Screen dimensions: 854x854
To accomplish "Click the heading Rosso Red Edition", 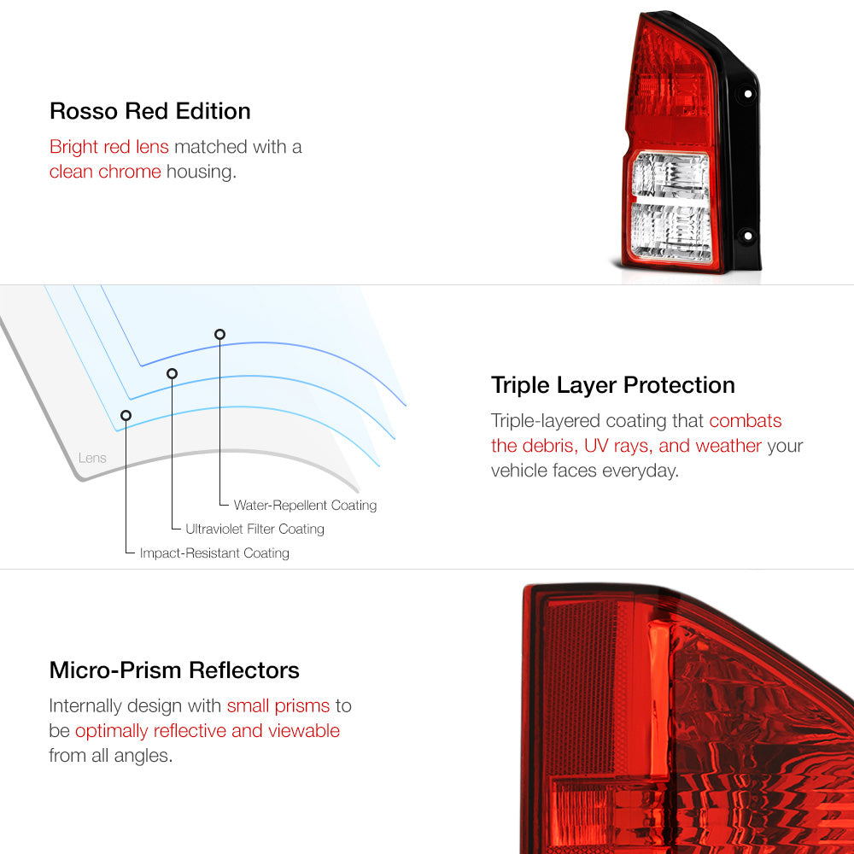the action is tap(149, 111).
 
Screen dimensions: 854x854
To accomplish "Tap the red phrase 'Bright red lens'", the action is tap(109, 147).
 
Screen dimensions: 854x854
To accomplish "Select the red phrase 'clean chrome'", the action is tap(105, 172).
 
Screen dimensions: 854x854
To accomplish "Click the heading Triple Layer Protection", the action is tap(612, 386).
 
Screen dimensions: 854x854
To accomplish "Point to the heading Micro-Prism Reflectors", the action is tap(174, 670).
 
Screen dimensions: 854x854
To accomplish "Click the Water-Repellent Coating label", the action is tap(305, 506).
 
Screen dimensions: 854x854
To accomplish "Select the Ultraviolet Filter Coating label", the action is tap(254, 529).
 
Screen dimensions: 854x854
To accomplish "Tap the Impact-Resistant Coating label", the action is tap(214, 553).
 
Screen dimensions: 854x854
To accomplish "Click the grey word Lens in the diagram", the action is tap(92, 458).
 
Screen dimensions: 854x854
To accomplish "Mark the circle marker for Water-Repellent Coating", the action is tap(219, 334).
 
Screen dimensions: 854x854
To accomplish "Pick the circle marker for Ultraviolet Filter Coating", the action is tap(173, 373).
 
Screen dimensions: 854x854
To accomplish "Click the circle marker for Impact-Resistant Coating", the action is tap(126, 416).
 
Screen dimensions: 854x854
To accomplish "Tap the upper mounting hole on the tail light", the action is tap(748, 94).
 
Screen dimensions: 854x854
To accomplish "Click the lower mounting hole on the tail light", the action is tap(748, 236).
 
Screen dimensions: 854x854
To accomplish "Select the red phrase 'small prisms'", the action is tap(278, 706).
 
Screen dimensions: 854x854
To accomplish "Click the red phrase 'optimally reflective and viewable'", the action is tap(208, 731).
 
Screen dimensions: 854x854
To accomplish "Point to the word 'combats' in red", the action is tap(745, 421).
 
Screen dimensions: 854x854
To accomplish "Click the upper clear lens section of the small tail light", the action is tap(671, 173).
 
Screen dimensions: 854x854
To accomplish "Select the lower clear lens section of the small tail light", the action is tap(671, 231).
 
